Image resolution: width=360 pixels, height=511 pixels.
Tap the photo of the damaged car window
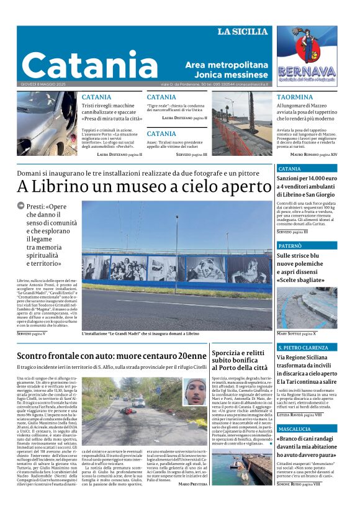(47, 123)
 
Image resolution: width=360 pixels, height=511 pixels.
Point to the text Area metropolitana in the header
(227, 65)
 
